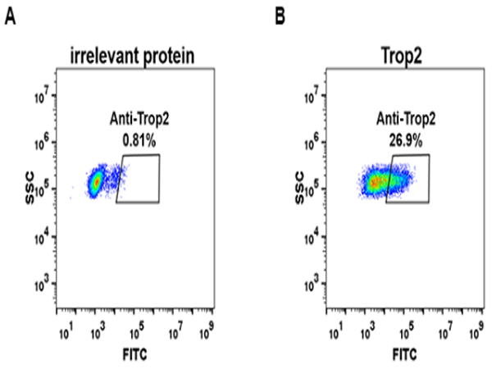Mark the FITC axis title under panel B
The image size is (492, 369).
403,354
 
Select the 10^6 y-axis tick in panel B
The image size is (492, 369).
311,143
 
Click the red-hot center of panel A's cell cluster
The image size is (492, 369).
97,180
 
